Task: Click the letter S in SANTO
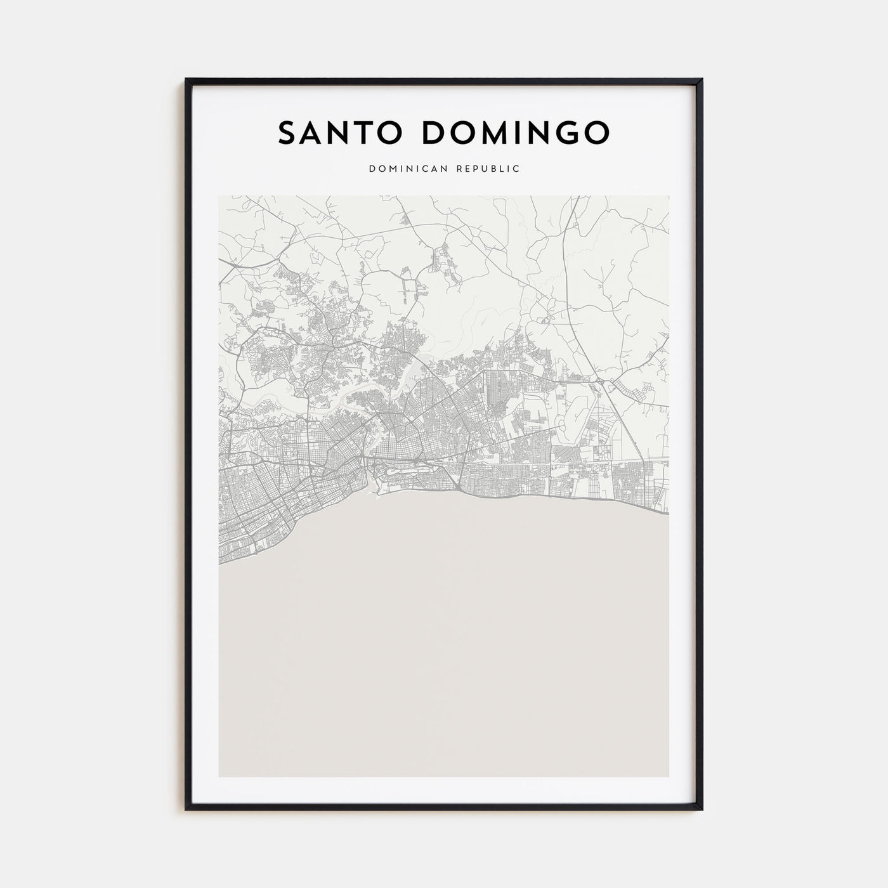tap(287, 131)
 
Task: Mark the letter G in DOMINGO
tap(564, 131)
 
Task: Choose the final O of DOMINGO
tap(596, 131)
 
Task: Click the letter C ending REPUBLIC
tap(517, 169)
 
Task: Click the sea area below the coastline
tap(444, 634)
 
